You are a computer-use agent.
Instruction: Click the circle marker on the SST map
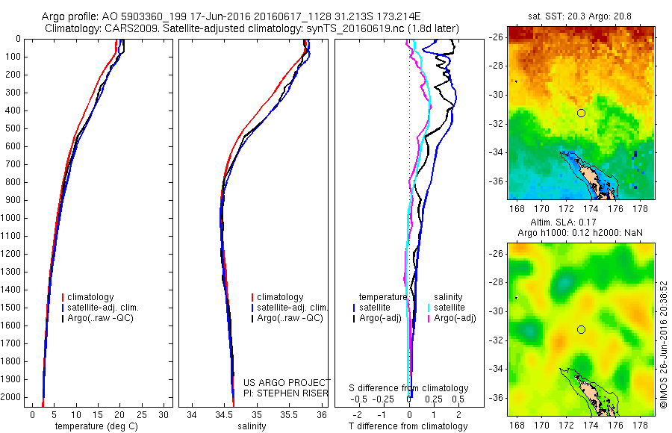(581, 113)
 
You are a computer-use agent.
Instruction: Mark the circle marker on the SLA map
(581, 329)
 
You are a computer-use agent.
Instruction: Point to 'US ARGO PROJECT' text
(287, 381)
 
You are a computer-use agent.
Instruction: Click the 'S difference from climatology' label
(409, 388)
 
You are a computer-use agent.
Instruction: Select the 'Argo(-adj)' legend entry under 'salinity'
(455, 319)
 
